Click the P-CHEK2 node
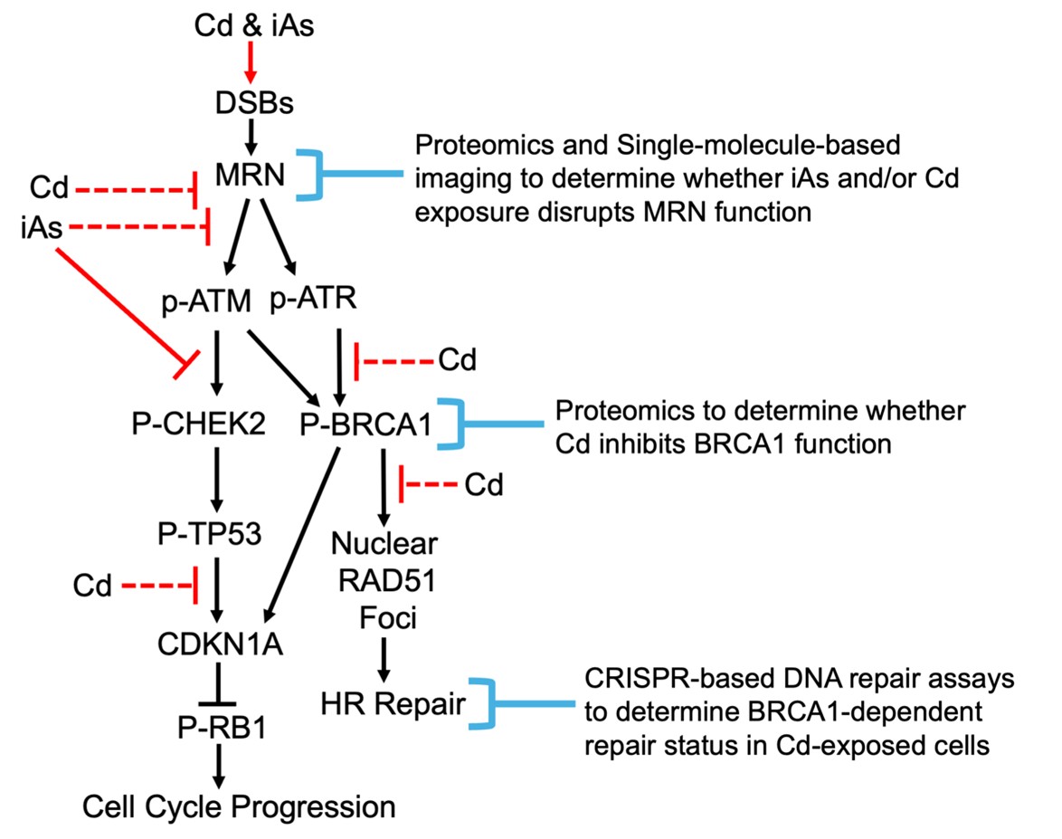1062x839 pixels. (198, 424)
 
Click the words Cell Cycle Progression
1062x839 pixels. (239, 806)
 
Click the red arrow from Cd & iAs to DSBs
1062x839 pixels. (253, 63)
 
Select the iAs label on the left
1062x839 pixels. (40, 228)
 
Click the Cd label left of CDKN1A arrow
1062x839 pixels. (94, 588)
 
